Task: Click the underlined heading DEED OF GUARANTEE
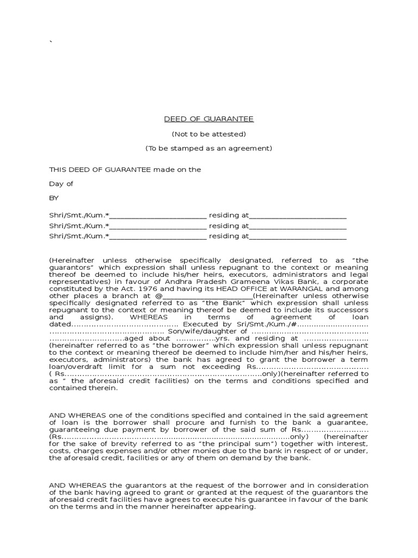click(x=209, y=119)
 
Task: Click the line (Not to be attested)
click(x=209, y=134)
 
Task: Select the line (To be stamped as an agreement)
click(x=209, y=148)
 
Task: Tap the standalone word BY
click(x=54, y=198)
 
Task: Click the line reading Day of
click(x=61, y=184)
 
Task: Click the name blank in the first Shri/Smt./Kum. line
click(x=158, y=215)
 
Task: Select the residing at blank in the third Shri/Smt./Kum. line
click(x=298, y=236)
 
